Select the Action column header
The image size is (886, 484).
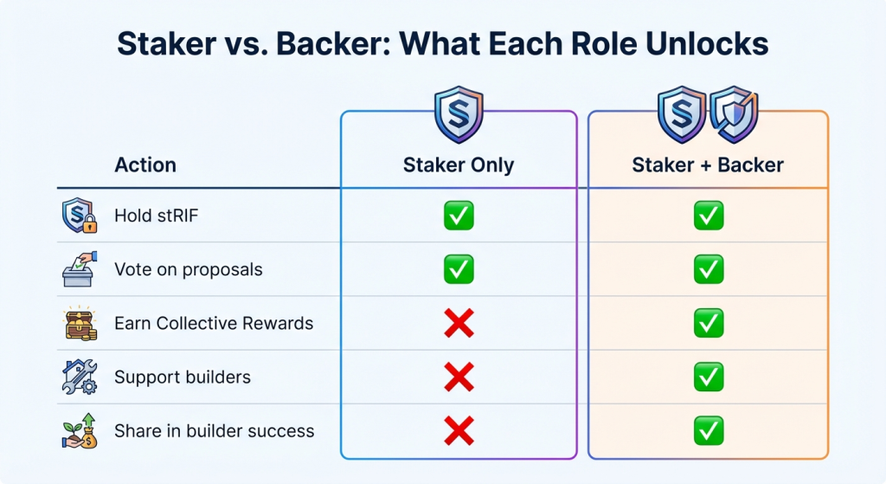click(x=145, y=165)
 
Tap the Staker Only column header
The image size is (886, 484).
click(x=459, y=165)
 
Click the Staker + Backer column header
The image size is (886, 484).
click(x=708, y=165)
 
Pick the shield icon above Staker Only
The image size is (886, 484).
click(x=459, y=115)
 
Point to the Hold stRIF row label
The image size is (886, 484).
click(x=157, y=216)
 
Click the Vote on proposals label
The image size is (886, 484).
click(x=188, y=269)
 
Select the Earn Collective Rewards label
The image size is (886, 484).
click(x=214, y=323)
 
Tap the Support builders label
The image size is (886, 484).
click(x=183, y=377)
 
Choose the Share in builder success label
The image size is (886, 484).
click(x=215, y=431)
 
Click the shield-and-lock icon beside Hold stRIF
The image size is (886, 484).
click(x=79, y=216)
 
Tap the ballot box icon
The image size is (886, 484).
click(x=79, y=269)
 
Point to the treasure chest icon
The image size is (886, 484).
click(x=80, y=323)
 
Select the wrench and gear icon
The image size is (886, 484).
click(x=79, y=377)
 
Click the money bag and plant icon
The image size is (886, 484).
click(x=80, y=431)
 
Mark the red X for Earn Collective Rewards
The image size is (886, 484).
click(x=459, y=323)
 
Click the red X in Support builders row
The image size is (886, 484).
click(x=459, y=378)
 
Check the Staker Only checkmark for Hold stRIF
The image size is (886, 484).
click(x=459, y=216)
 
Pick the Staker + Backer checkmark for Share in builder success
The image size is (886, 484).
click(x=709, y=431)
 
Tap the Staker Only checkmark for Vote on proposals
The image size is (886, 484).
click(x=459, y=269)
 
